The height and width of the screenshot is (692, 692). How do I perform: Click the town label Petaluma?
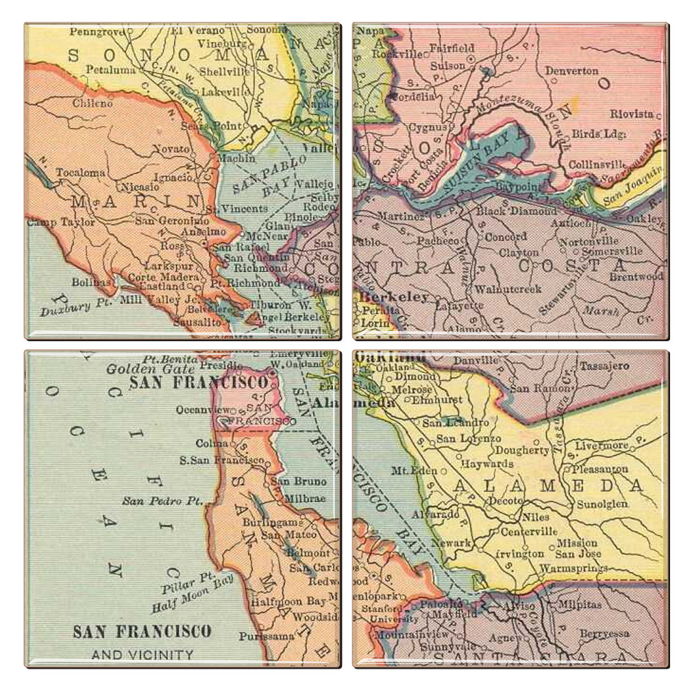(x=109, y=69)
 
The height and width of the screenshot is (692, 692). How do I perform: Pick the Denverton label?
(x=571, y=71)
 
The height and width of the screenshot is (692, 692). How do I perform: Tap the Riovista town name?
(x=632, y=114)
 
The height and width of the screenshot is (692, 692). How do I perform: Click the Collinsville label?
(x=597, y=164)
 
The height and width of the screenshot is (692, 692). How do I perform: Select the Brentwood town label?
(x=637, y=277)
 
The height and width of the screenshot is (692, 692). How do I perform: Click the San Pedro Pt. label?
(x=152, y=501)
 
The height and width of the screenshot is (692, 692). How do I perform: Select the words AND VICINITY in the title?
(x=143, y=654)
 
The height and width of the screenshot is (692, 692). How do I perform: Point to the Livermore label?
(x=601, y=445)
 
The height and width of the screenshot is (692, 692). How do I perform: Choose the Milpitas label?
(x=580, y=605)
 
